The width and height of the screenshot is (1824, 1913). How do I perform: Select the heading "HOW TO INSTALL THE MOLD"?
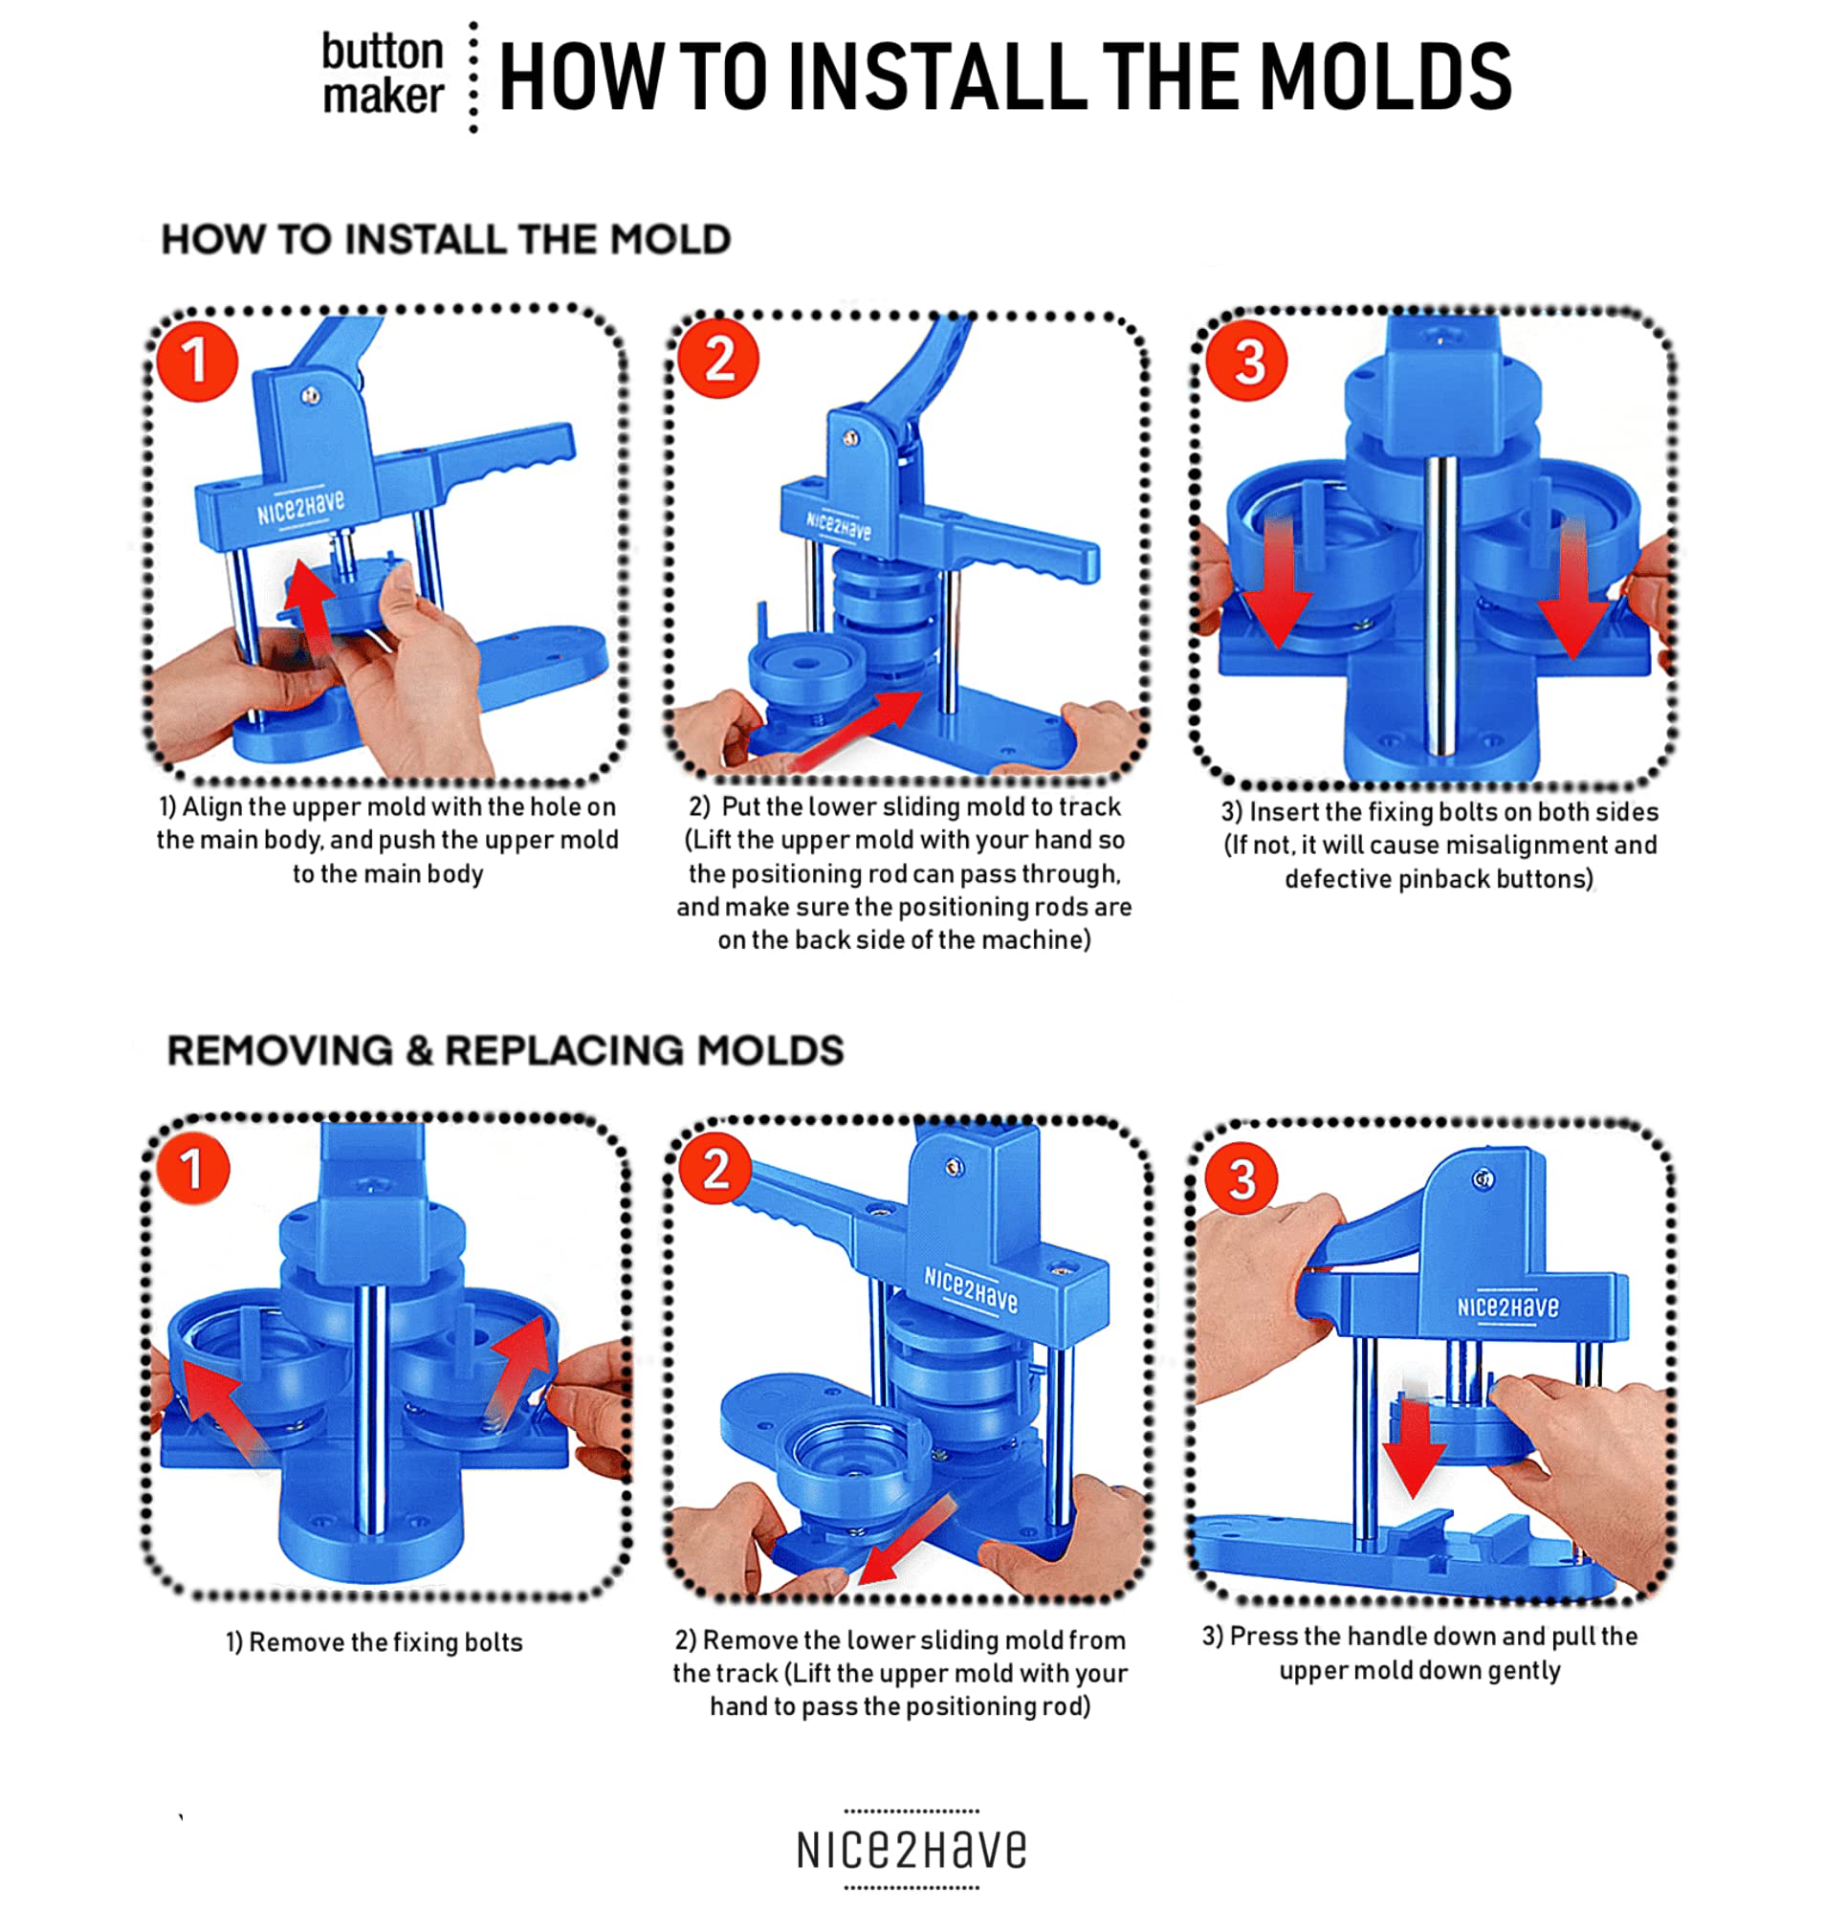447,239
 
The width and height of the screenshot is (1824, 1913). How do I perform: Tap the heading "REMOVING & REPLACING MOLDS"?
506,1050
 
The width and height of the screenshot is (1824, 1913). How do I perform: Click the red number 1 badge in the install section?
196,361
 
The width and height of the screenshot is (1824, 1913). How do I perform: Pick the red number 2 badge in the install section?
718,359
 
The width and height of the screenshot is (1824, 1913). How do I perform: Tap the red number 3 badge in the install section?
1246,362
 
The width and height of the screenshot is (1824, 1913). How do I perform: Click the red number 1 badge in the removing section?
191,1168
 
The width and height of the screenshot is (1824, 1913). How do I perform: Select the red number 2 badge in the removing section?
714,1168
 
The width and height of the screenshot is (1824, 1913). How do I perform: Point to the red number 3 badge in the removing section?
1242,1178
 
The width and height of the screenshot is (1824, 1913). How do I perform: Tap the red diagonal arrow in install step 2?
856,729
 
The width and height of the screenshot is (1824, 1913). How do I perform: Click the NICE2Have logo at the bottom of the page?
911,1850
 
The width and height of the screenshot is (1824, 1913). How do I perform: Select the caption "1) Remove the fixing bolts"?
374,1642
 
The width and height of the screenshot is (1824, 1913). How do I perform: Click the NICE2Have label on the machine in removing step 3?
1507,1308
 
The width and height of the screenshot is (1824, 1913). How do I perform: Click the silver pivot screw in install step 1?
310,395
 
